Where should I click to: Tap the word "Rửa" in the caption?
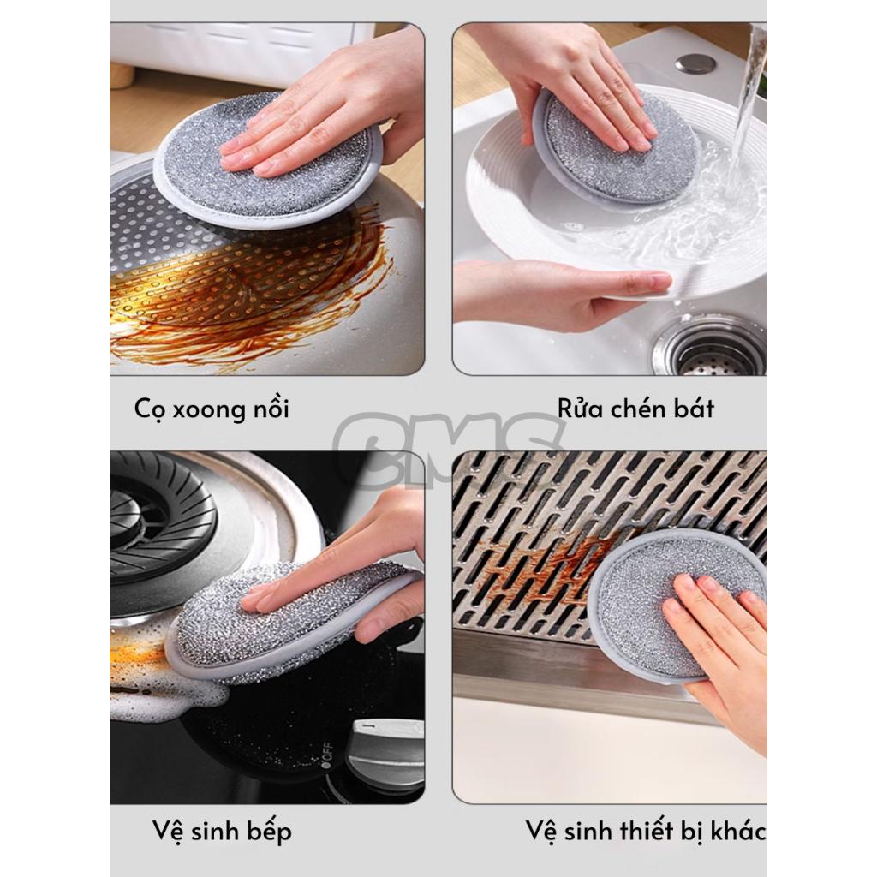(x=580, y=408)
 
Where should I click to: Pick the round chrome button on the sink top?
(x=695, y=63)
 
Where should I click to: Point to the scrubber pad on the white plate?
(x=615, y=146)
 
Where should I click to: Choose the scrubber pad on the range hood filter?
(x=677, y=604)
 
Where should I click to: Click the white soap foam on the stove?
(x=168, y=696)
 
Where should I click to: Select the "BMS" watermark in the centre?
(x=447, y=447)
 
